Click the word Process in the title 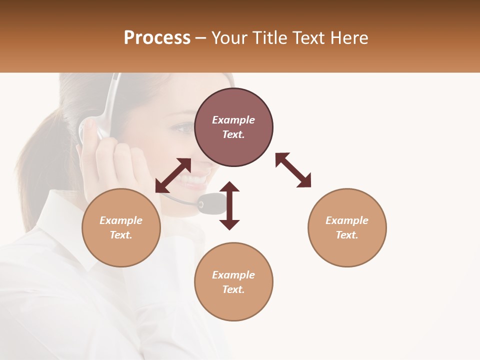click(x=157, y=38)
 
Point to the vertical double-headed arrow click(x=229, y=206)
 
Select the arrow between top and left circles click(x=173, y=175)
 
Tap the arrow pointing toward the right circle click(x=293, y=170)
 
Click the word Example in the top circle click(x=233, y=120)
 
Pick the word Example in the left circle click(x=121, y=220)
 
